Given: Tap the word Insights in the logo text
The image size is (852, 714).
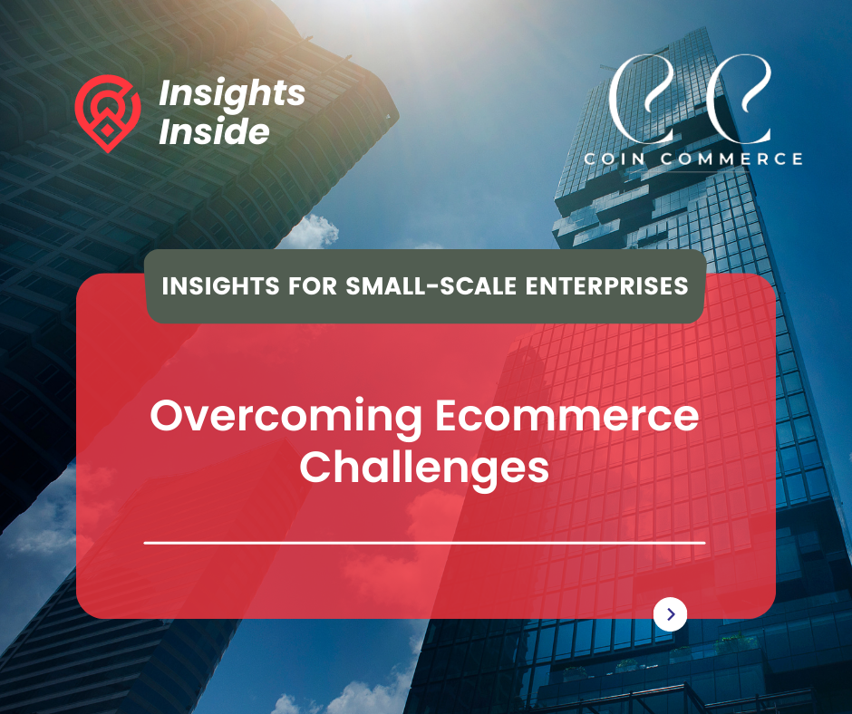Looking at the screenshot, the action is (232, 94).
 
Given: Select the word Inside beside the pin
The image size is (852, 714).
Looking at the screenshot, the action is (214, 131).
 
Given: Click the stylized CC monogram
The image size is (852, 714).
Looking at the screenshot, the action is (690, 99).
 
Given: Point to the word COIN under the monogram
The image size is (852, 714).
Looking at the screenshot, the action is (615, 159).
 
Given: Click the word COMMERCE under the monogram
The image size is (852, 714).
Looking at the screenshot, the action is (731, 159).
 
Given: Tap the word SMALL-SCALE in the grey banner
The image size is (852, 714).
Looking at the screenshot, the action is (431, 285).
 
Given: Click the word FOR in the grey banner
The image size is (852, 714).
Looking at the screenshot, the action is (313, 285).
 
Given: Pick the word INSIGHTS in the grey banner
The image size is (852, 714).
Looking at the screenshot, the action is (220, 285).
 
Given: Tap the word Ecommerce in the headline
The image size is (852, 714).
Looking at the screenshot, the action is (566, 416).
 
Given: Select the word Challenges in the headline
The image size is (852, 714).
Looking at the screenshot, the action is (424, 468).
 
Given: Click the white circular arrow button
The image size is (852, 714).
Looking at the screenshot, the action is (670, 614).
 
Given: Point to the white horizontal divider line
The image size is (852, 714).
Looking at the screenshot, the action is (424, 542).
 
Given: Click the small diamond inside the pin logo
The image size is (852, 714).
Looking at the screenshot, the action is (108, 130).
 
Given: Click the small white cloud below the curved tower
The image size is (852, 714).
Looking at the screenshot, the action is (312, 232).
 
